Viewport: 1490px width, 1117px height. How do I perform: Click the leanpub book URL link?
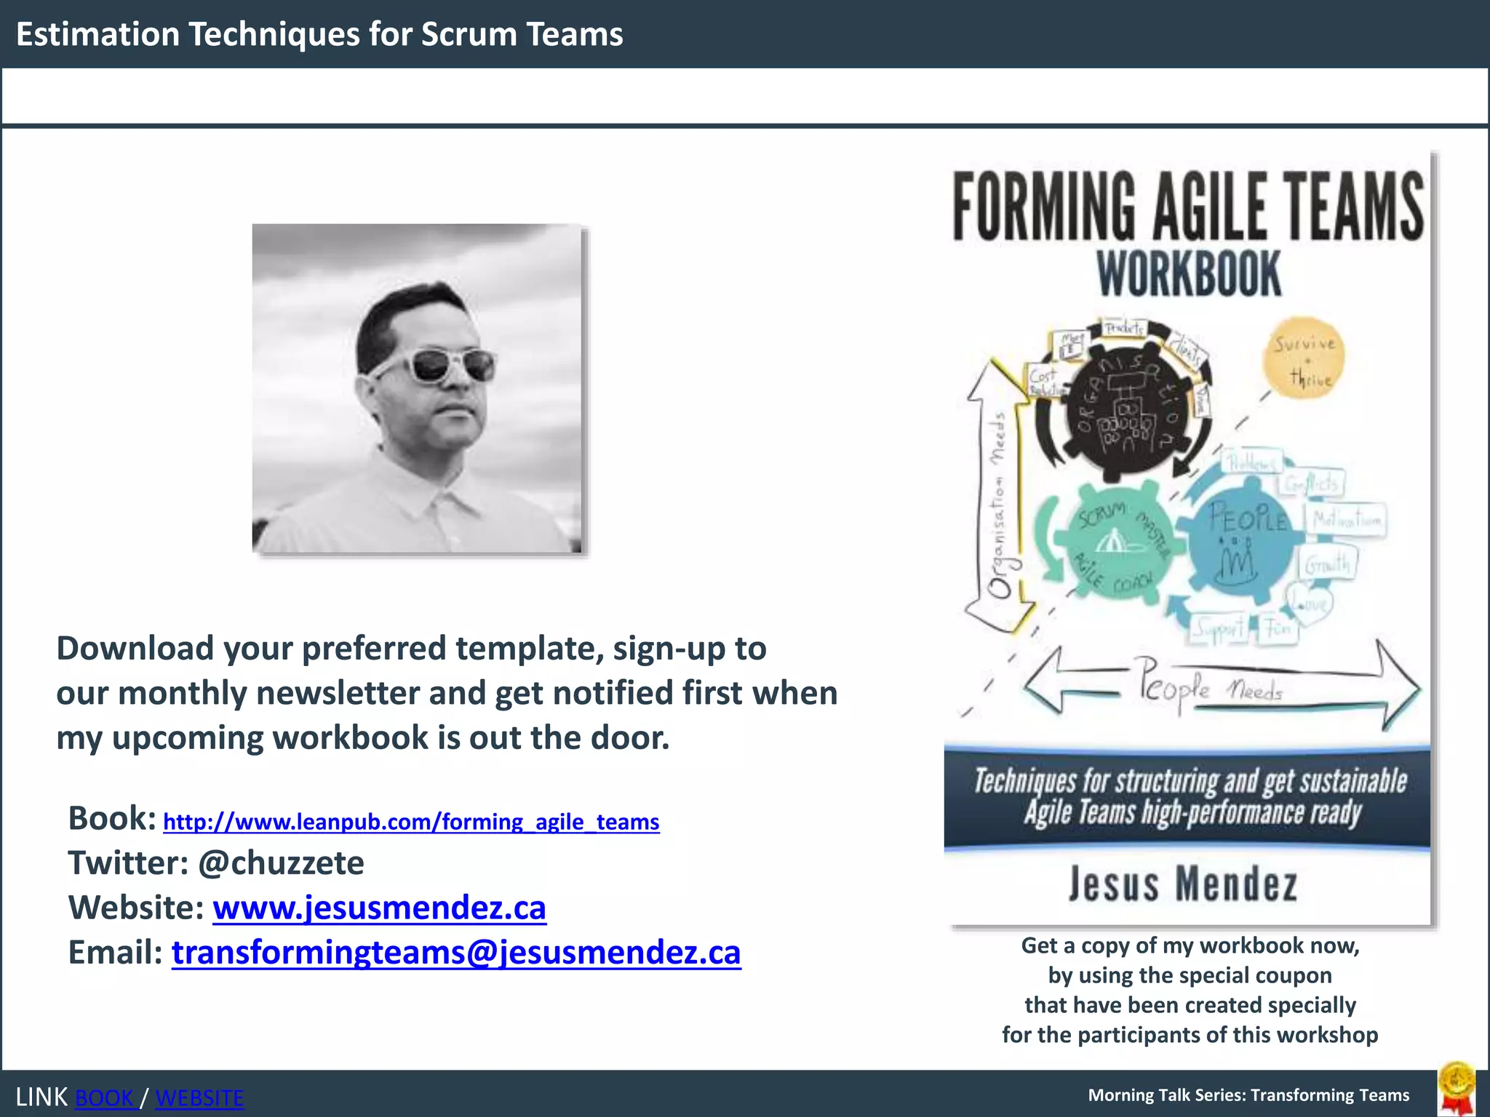[411, 822]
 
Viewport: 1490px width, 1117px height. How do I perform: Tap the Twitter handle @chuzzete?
[281, 863]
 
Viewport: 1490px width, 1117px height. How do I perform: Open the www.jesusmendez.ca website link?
[379, 908]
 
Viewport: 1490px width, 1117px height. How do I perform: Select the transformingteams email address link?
[456, 953]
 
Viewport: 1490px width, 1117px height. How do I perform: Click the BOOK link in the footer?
[105, 1097]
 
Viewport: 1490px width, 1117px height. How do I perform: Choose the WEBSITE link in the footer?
[199, 1097]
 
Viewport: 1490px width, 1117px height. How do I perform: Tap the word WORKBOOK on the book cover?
[1189, 274]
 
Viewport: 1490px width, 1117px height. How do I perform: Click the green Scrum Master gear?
[1113, 542]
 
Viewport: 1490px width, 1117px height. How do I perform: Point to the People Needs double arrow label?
[1211, 687]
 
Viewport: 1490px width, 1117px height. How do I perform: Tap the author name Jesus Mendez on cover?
[1183, 885]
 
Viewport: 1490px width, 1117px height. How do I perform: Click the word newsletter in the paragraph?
[337, 693]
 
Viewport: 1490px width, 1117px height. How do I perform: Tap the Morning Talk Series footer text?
[1248, 1095]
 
